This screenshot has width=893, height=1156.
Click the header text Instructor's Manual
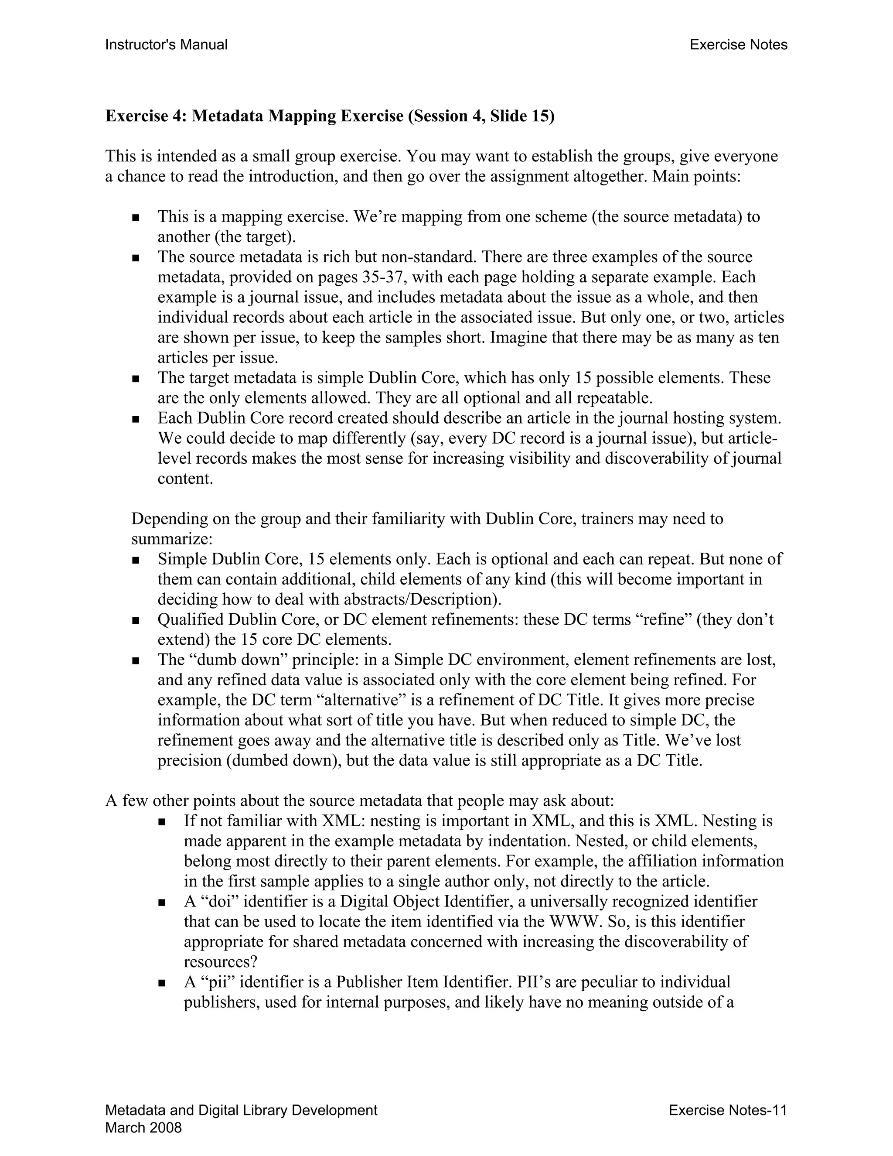click(166, 45)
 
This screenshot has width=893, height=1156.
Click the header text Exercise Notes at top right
click(738, 45)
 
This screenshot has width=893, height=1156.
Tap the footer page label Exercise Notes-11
click(727, 1110)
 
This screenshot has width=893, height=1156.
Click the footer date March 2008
click(143, 1128)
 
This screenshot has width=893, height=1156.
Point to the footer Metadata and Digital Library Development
click(241, 1110)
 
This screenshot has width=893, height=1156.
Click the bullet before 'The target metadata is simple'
click(136, 379)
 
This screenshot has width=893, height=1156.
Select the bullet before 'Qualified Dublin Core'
click(136, 620)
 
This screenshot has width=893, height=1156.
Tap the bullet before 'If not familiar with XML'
click(162, 822)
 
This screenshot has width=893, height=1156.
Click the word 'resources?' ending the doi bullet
click(220, 962)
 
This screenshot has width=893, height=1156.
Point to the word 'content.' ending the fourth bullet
click(185, 479)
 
